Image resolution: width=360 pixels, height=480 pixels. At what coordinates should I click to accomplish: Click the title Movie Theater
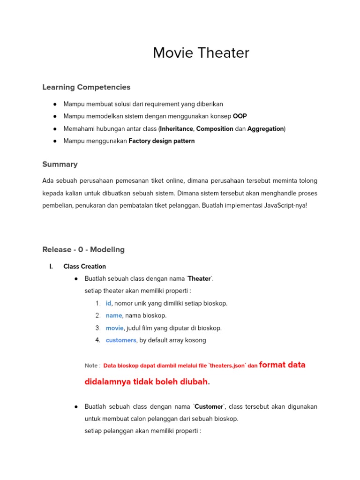[x=201, y=53]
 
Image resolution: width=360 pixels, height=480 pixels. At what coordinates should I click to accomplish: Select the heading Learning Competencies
[x=86, y=87]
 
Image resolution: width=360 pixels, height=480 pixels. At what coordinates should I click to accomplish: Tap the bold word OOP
[x=240, y=116]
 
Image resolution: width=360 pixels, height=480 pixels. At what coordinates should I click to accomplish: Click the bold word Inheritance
[x=176, y=128]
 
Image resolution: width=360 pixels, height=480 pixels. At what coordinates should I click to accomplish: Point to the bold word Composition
[x=214, y=128]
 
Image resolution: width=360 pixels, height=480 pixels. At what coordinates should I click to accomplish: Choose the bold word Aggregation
[x=265, y=128]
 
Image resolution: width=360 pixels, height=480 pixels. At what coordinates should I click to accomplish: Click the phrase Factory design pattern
[x=161, y=141]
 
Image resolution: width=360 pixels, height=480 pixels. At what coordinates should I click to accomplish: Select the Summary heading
[x=60, y=165]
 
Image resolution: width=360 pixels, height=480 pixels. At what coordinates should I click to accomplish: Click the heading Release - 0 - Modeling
[x=83, y=249]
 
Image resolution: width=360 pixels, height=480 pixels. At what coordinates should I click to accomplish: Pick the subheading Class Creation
[x=85, y=266]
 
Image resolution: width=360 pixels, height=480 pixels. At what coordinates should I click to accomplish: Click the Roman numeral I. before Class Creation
[x=51, y=266]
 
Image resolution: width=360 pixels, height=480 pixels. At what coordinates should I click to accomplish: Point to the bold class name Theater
[x=199, y=279]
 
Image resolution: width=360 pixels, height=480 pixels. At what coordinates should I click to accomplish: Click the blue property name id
[x=108, y=303]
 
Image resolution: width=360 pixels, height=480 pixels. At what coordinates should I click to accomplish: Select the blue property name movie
[x=114, y=328]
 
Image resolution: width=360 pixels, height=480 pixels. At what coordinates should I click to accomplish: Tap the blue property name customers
[x=121, y=340]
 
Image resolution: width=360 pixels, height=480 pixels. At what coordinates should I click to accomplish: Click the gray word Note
[x=91, y=366]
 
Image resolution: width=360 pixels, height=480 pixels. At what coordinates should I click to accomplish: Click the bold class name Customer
[x=209, y=406]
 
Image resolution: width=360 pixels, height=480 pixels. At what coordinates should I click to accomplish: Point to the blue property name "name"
[x=114, y=315]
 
